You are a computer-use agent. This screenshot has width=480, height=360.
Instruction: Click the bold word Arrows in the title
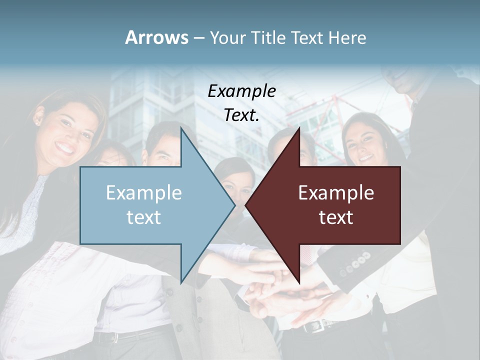coord(156,37)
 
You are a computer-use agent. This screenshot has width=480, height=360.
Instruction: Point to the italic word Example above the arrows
coord(241,91)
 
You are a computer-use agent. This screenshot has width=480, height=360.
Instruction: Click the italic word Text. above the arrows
coord(241,115)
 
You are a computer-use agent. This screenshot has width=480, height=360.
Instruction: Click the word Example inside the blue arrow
coord(143,193)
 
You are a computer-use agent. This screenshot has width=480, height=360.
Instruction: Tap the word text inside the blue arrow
coord(143,217)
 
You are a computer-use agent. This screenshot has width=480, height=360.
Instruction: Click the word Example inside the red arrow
coord(336,193)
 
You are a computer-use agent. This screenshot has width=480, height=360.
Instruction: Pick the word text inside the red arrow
coord(336,217)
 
